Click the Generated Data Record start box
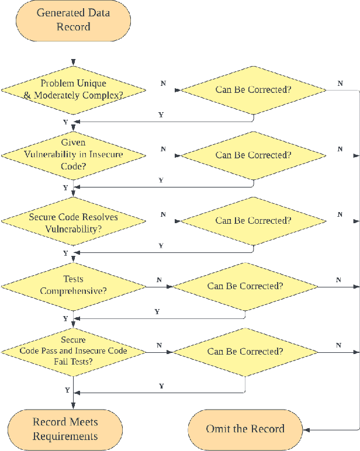tap(72, 20)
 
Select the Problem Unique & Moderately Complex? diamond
tap(73, 89)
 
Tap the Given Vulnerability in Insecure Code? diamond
tap(73, 155)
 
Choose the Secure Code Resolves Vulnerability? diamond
tap(73, 222)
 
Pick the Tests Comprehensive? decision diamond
tap(73, 286)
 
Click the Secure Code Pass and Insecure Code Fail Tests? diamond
tap(73, 352)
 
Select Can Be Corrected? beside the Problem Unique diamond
tap(253, 90)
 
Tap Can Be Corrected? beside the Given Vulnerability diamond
tap(253, 155)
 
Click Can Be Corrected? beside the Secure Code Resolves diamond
tap(253, 221)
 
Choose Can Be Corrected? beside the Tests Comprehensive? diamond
tap(245, 286)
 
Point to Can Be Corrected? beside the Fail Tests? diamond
tap(245, 352)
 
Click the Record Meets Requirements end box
tap(65, 429)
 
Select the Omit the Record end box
tap(245, 429)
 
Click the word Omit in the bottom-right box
tap(217, 429)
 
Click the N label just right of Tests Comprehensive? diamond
tap(160, 280)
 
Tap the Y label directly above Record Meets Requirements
tap(67, 390)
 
